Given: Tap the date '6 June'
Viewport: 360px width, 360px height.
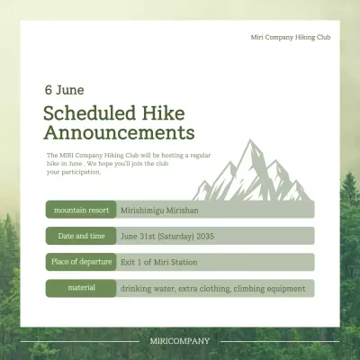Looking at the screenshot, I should (64, 90).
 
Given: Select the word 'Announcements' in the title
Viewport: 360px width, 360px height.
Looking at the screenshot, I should (119, 134).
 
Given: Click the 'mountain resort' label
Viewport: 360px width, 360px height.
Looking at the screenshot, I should (81, 210).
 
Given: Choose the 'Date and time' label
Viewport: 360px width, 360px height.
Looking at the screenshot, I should (81, 236).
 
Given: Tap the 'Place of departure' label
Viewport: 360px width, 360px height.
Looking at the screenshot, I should (81, 262).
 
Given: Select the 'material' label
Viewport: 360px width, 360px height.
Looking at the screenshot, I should (81, 288).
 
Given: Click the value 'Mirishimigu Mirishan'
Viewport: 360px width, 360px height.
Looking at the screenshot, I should (158, 210).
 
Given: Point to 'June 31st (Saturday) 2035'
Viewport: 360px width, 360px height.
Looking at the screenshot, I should (168, 236).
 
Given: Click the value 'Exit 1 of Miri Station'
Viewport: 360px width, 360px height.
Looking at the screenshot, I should (158, 262).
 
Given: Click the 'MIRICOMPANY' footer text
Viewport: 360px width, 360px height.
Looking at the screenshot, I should (180, 341).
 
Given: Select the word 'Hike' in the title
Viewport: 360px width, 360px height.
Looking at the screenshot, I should (164, 113).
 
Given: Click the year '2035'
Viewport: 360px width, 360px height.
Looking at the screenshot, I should (206, 236).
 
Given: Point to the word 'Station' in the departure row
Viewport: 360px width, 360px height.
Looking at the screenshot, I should (183, 262).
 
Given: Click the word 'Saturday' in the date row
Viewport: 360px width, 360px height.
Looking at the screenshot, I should (175, 236).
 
